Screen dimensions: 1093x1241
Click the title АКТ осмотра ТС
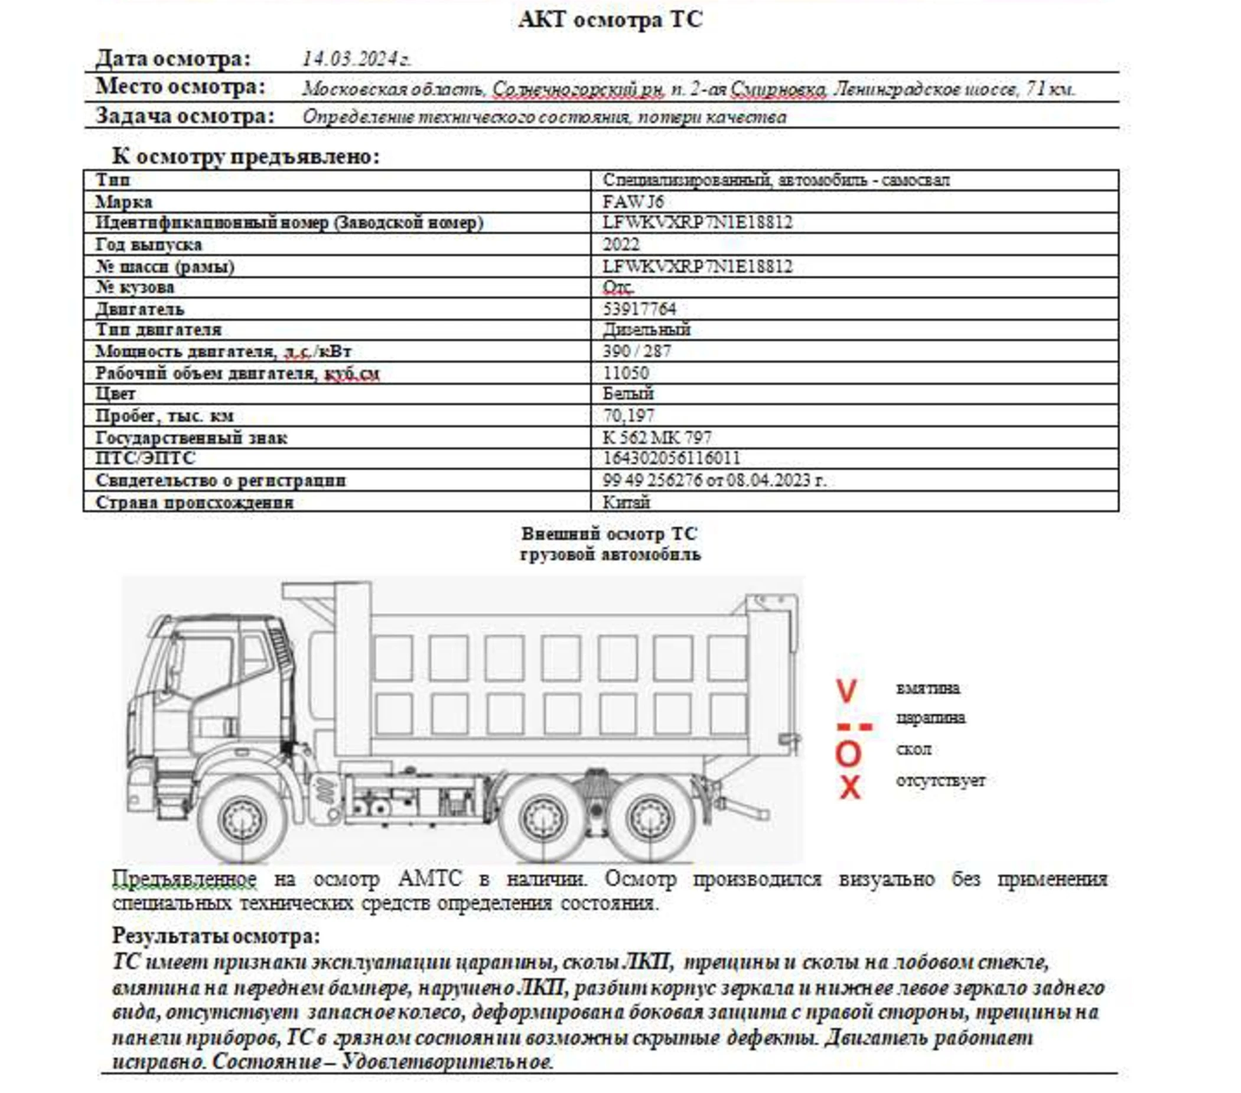coord(610,20)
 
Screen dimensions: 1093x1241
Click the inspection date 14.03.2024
coord(356,60)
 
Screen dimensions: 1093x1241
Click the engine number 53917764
coord(639,309)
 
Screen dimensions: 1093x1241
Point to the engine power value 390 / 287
coord(636,351)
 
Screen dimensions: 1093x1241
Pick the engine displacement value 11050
coord(626,373)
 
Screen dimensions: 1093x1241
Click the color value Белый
coord(628,394)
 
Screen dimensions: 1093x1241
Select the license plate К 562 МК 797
coord(656,437)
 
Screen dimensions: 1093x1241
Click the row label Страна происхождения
coord(194,502)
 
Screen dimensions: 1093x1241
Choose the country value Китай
coord(626,502)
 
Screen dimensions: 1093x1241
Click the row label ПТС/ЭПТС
coord(146,458)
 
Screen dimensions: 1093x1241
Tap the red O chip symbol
coord(848,753)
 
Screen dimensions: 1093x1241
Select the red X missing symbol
coord(849,787)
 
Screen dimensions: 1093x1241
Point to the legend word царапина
coord(930,718)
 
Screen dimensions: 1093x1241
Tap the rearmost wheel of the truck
coord(650,819)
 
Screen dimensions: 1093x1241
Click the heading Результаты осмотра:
coord(216,936)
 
